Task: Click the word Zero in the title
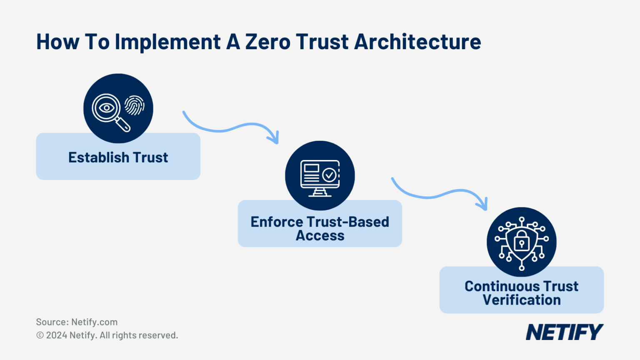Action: click(267, 42)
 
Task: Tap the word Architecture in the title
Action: click(417, 42)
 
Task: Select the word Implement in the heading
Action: click(168, 42)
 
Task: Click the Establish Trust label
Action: click(118, 157)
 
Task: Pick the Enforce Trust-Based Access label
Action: click(320, 228)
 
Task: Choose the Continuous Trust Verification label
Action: click(521, 293)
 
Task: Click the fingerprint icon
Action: click(135, 105)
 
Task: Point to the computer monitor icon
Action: click(320, 177)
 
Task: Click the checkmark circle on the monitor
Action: click(330, 175)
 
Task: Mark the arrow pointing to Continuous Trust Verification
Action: click(439, 192)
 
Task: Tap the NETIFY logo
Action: click(564, 332)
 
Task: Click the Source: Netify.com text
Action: click(77, 322)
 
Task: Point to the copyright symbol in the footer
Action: click(40, 335)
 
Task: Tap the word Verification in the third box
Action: click(521, 300)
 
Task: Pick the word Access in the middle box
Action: click(320, 236)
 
